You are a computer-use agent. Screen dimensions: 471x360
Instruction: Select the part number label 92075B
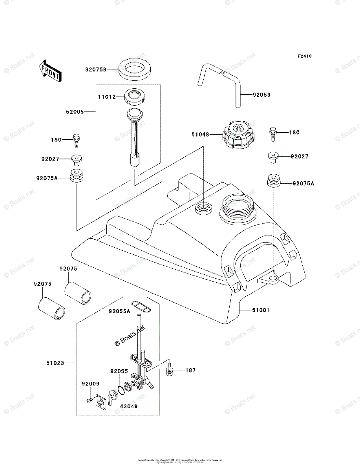(96, 69)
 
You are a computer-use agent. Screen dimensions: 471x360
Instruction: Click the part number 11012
(107, 97)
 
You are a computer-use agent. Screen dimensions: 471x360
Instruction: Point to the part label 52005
(75, 112)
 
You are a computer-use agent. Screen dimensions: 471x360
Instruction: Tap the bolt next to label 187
(170, 370)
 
